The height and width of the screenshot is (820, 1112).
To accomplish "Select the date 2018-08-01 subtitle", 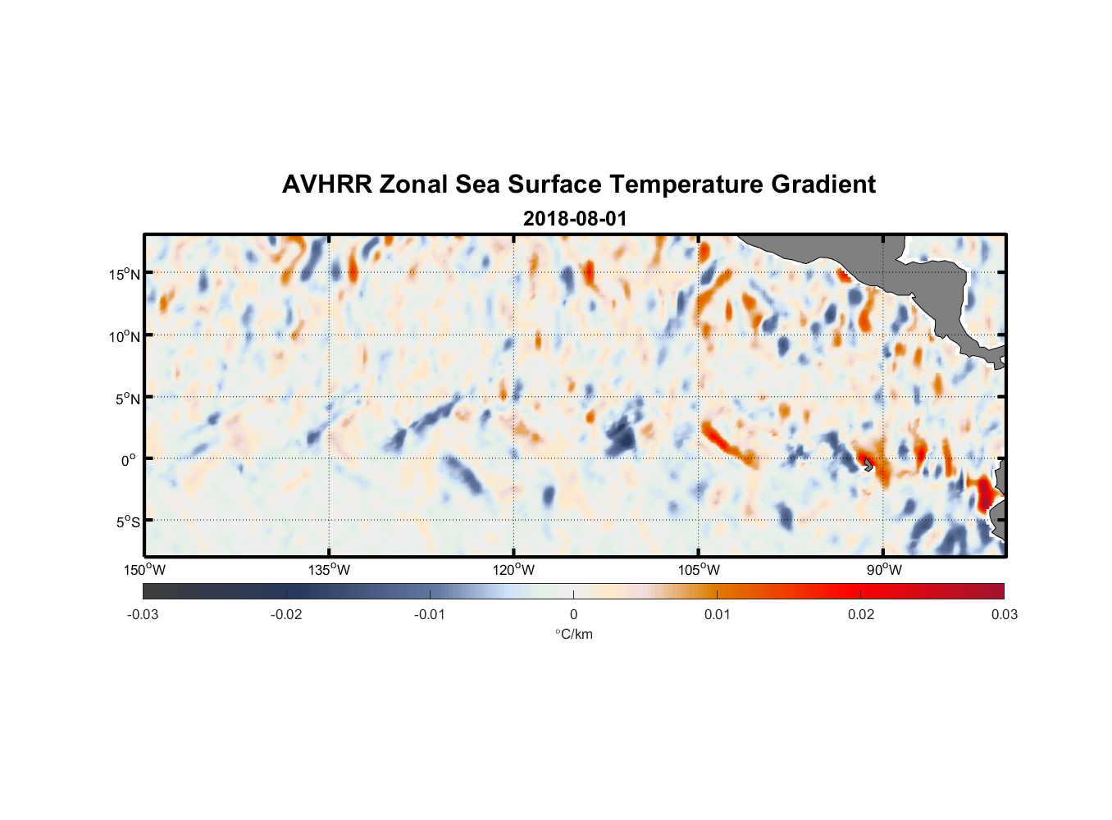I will coord(574,219).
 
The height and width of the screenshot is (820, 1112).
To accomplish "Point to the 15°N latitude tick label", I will coord(125,274).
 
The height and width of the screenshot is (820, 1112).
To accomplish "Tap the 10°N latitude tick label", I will coord(125,336).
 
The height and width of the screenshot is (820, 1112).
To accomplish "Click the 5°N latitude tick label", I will coord(127,399).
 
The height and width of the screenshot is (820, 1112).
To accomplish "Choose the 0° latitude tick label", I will coord(129,461).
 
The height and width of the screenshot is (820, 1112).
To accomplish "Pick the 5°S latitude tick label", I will coord(127,522).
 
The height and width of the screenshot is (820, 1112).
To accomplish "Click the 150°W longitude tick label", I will coord(144,570).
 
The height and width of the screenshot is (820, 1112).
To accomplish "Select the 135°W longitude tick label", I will coord(329,570).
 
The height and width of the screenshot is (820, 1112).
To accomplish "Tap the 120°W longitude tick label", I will coord(513,570).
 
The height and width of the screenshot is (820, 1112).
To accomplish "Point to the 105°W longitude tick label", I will coord(699,570).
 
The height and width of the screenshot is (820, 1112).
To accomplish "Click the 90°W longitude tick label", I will coord(884,570).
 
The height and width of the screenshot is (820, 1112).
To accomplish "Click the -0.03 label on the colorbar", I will coord(143,614).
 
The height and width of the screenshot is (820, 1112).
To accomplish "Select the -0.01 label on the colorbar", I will coord(430,614).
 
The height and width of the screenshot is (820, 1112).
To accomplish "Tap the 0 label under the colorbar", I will coord(573,614).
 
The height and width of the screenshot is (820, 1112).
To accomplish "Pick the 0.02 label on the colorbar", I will coord(861,614).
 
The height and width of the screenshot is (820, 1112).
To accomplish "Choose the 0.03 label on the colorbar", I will coord(1004,614).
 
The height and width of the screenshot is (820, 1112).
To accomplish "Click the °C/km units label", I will coord(573,634).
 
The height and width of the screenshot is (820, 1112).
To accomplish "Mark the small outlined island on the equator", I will coord(868,465).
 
